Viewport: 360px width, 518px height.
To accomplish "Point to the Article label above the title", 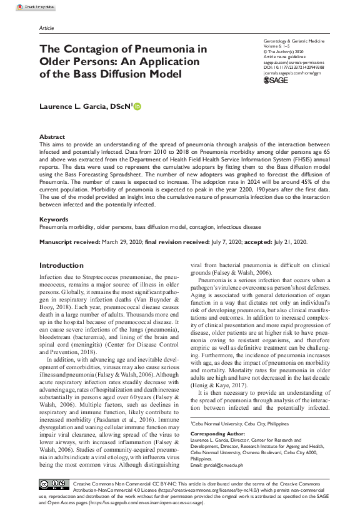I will (46, 28).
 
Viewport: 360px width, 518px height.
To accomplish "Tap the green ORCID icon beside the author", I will (137, 107).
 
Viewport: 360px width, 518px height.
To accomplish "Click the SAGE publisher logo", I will (276, 81).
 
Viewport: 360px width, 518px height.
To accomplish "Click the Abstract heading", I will (52, 136).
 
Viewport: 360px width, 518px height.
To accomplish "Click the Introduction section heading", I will (61, 265).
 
